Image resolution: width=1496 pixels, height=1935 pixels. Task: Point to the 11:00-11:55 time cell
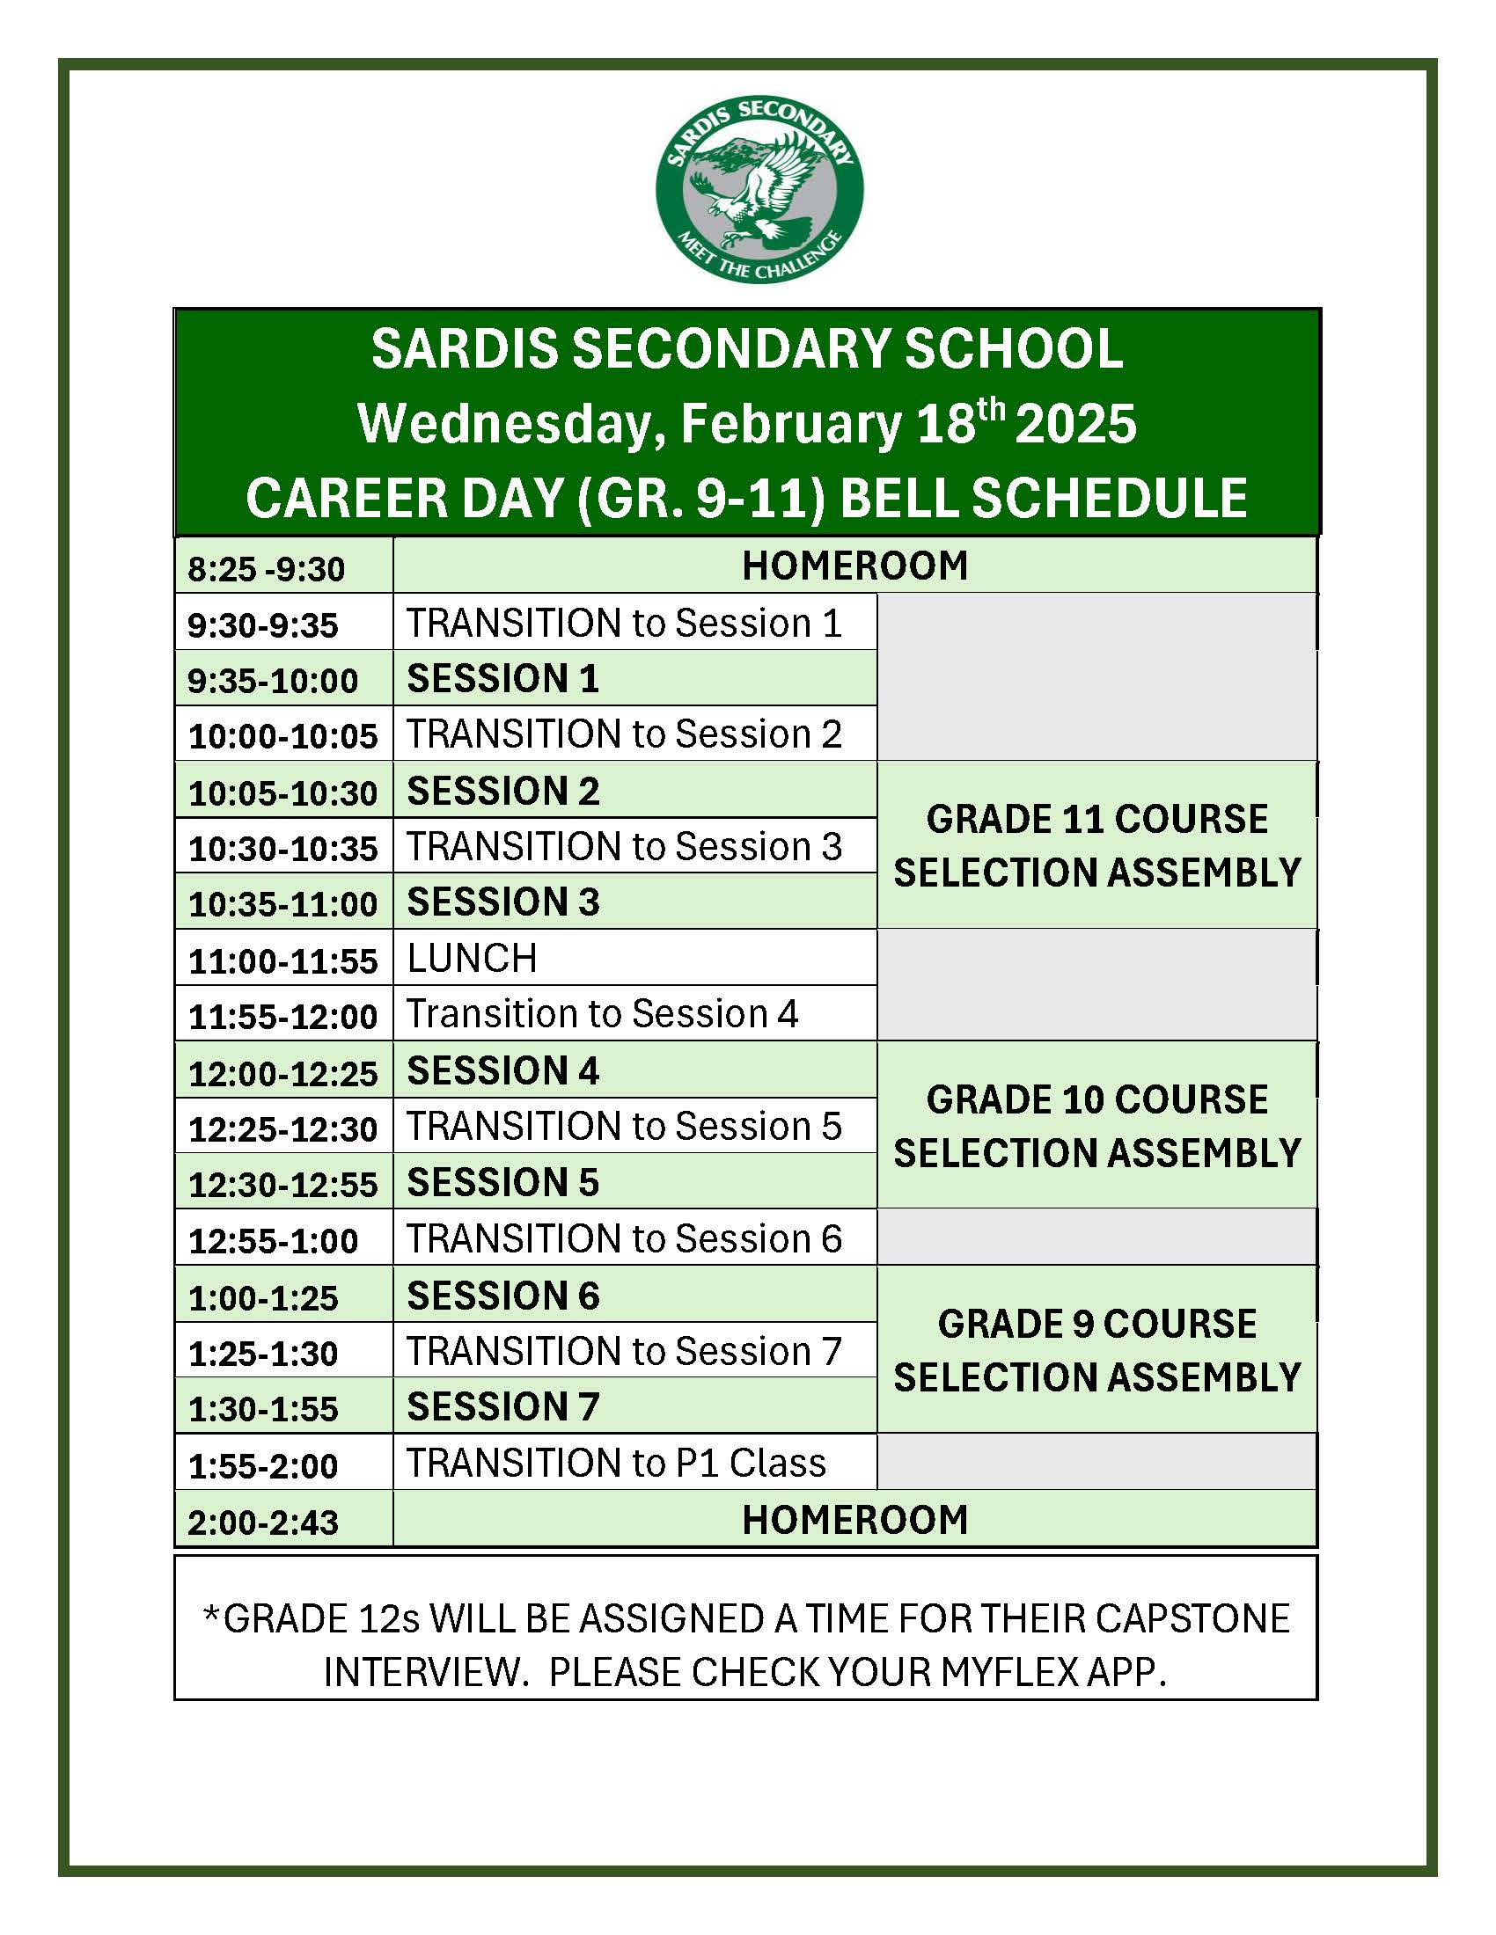pos(282,961)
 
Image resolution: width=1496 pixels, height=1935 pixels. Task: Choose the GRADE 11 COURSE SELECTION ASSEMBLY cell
pos(1097,845)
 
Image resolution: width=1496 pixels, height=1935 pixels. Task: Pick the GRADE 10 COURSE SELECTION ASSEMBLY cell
pos(1097,1125)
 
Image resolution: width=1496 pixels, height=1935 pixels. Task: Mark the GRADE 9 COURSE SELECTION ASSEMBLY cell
pos(1097,1349)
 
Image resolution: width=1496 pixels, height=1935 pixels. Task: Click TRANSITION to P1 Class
pos(616,1463)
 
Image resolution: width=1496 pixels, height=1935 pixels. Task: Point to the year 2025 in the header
pos(1075,425)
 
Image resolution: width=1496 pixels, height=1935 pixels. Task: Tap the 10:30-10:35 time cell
pos(282,849)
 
